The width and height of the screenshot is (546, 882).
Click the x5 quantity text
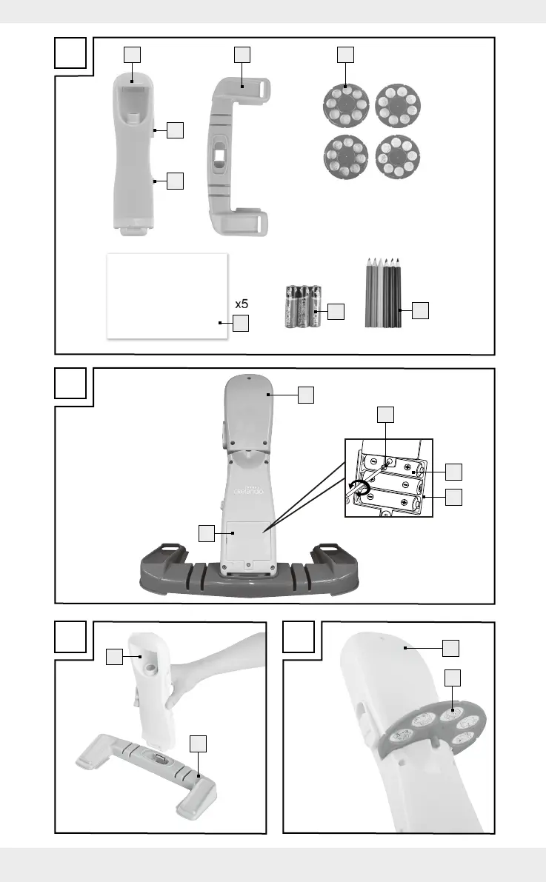pyautogui.click(x=241, y=304)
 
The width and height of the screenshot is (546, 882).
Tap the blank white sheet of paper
pyautogui.click(x=167, y=295)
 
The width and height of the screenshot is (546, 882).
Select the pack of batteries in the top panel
pyautogui.click(x=302, y=307)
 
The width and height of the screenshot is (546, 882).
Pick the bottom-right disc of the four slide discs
pyautogui.click(x=398, y=156)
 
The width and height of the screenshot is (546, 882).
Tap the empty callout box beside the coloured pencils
pyautogui.click(x=420, y=311)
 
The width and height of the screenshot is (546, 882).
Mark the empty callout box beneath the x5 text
pyautogui.click(x=241, y=323)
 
